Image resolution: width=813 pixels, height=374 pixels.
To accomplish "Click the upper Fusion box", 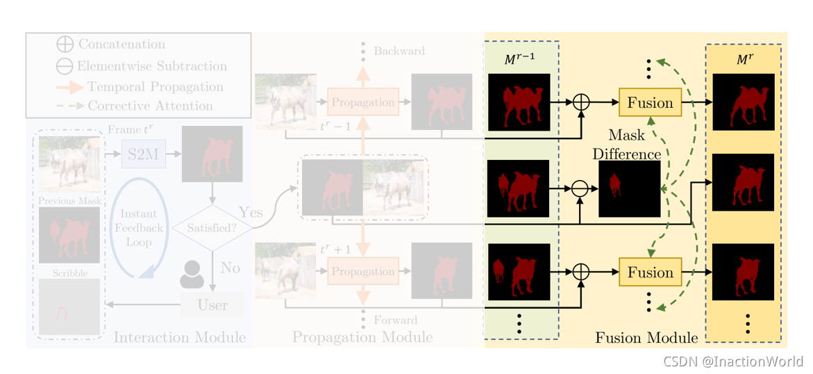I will tap(650, 103).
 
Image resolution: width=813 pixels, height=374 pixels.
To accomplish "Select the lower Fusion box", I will tap(650, 273).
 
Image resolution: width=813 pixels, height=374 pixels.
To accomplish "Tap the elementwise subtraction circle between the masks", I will tap(580, 188).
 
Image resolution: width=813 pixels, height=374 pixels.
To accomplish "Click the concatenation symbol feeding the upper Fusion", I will tap(580, 102).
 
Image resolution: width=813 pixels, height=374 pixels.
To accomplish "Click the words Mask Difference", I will tap(626, 145).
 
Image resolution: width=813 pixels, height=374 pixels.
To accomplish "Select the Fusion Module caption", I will tap(646, 339).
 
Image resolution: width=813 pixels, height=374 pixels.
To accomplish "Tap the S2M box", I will tap(143, 154).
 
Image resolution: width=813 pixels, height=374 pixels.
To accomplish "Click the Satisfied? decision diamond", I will tap(212, 227).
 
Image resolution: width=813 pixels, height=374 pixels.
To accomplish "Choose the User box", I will tap(212, 304).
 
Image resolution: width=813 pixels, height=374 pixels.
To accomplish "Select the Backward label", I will tap(399, 51).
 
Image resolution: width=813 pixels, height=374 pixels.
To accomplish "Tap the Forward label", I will tap(395, 320).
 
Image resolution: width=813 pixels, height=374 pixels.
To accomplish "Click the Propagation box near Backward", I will tap(363, 103).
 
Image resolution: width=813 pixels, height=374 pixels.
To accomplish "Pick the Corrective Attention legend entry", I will tap(150, 106).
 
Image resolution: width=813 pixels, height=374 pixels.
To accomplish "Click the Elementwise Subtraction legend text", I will tap(151, 66).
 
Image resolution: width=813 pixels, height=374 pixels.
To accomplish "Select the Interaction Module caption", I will tap(179, 338).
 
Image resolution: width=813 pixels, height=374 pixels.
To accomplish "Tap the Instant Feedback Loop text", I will tap(140, 227).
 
